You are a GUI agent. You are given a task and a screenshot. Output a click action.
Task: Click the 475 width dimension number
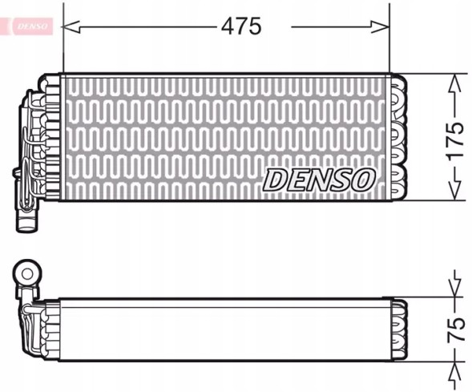[241, 26]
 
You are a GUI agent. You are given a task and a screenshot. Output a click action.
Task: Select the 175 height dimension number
[455, 138]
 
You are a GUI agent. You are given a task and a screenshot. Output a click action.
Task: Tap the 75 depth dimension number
[454, 329]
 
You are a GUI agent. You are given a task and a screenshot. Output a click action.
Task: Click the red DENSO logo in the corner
[30, 26]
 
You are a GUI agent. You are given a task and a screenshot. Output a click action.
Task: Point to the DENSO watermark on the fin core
[319, 180]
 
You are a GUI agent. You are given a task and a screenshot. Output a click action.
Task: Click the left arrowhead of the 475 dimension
[69, 26]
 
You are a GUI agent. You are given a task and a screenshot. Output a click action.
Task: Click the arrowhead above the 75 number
[455, 291]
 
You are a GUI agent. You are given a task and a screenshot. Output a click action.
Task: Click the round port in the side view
[27, 274]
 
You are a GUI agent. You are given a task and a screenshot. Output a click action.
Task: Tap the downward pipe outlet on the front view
[27, 217]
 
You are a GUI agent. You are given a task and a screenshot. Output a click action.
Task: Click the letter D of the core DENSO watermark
[275, 180]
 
